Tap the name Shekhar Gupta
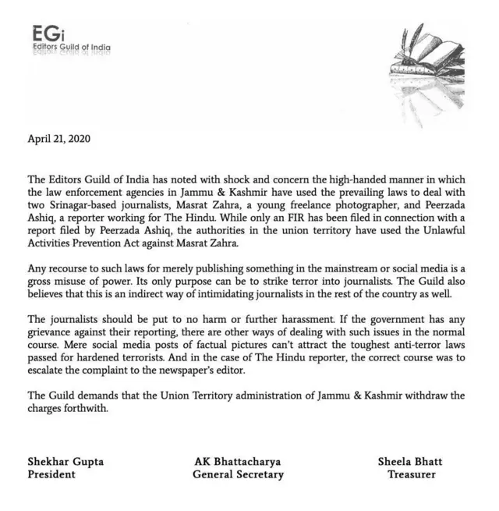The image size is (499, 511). point(66,461)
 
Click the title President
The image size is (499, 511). point(51,474)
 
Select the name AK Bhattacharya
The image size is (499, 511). point(237,461)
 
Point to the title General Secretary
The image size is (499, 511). point(238,474)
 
